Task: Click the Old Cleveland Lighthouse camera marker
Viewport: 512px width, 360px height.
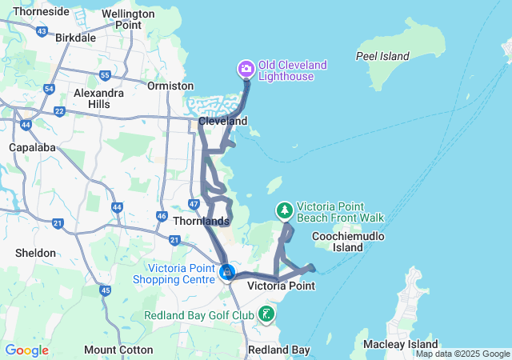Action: tap(246, 69)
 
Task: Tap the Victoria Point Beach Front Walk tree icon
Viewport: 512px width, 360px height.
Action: tap(284, 211)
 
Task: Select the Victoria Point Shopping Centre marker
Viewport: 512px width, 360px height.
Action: tap(227, 273)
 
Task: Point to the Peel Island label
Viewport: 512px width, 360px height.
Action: tap(382, 56)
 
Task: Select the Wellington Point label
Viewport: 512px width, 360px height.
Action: tap(128, 19)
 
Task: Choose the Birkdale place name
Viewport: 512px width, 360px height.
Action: tap(76, 38)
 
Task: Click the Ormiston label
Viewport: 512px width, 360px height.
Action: tap(170, 86)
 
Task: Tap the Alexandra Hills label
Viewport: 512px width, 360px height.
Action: tap(98, 98)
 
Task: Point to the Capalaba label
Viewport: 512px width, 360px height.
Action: tap(30, 148)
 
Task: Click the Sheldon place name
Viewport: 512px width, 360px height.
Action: tap(36, 253)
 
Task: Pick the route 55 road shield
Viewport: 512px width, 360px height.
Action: tap(105, 75)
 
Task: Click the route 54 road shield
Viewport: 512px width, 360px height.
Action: tap(50, 89)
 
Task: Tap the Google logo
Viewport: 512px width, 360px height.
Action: tap(26, 350)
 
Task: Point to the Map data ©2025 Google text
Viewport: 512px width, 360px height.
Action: tap(462, 354)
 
